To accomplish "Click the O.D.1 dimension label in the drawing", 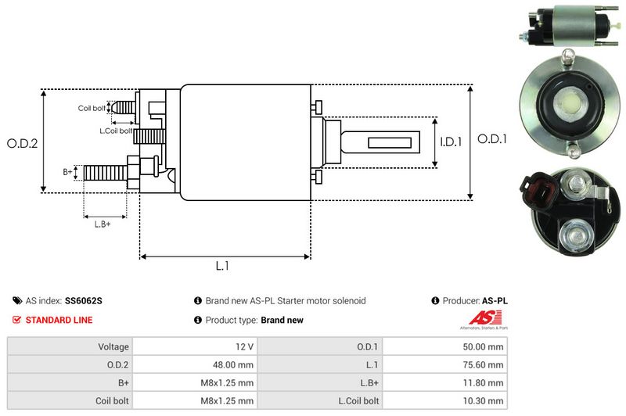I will coord(493,139).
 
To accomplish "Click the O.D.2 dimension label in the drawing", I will coord(23,143).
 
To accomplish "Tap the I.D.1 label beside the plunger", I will coord(451,142).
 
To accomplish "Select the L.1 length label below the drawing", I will coord(222,266).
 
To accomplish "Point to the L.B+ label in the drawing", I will coord(103,224).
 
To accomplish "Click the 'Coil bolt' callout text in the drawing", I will coord(92,108).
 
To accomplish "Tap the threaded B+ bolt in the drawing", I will coord(104,172).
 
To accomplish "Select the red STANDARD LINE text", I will coord(59,320).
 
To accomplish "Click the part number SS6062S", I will coord(84,300).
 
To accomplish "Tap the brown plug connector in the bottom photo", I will coord(539,189).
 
